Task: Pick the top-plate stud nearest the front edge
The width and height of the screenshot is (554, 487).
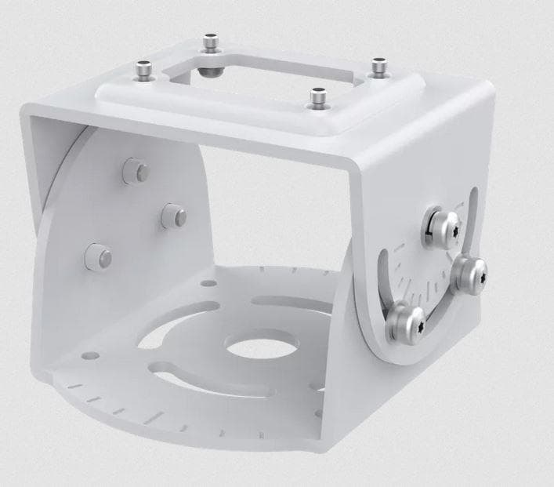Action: tap(318, 98)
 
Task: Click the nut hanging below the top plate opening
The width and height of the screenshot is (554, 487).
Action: tap(212, 71)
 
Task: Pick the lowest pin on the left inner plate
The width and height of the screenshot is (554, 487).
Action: tap(98, 256)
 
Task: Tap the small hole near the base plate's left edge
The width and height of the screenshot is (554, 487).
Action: tap(91, 355)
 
